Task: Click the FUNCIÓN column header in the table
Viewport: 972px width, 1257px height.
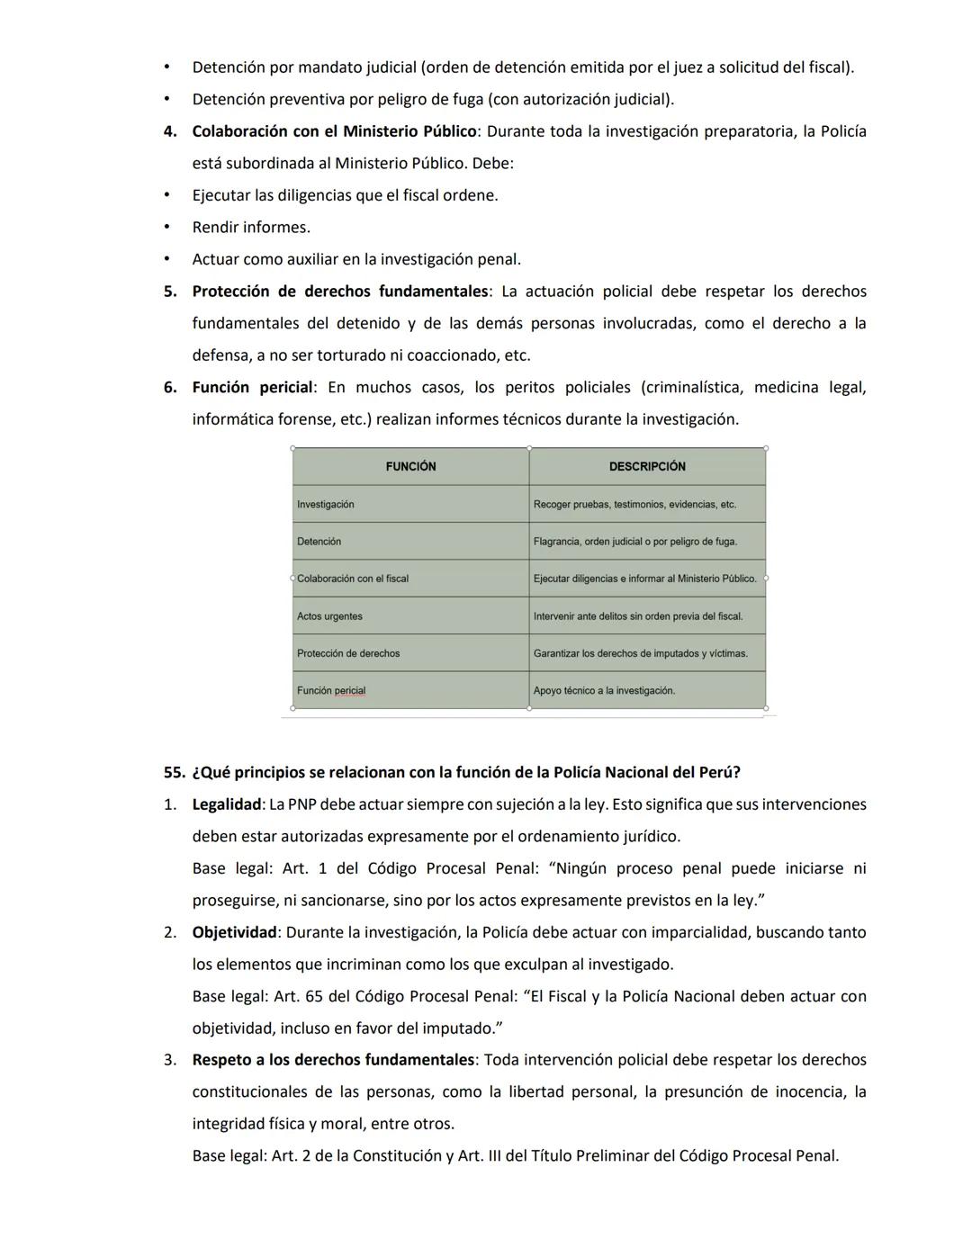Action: click(410, 466)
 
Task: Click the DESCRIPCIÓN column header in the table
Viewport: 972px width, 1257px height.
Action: click(646, 466)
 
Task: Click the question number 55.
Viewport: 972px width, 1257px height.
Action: click(174, 772)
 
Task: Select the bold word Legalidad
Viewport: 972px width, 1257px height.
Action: click(226, 804)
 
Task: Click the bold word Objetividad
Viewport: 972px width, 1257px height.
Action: click(234, 932)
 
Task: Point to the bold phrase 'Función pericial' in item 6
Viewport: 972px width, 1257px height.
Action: click(252, 387)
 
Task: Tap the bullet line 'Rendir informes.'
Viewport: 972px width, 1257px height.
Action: click(251, 227)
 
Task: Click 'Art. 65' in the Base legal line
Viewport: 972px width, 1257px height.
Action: click(311, 996)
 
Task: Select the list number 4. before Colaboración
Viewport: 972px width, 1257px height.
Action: click(170, 131)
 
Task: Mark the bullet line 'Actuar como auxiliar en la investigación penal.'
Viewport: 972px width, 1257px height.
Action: click(356, 259)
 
